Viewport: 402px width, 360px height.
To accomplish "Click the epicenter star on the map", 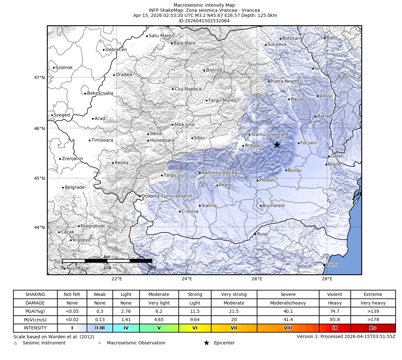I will tap(277, 145).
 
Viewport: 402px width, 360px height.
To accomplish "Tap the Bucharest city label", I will tap(274, 206).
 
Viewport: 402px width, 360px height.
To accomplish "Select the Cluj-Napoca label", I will tap(188, 89).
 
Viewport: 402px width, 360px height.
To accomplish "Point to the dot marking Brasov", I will tap(243, 146).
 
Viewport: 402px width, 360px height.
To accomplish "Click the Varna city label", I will tap(333, 264).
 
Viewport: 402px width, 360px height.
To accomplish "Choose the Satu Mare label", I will tap(160, 36).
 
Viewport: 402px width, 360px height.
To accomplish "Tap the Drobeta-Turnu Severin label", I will tap(167, 196).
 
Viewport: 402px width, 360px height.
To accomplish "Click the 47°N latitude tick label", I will tap(39, 77).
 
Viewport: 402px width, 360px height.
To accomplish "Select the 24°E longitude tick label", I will tap(187, 279).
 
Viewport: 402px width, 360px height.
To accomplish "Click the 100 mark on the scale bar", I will tap(107, 268).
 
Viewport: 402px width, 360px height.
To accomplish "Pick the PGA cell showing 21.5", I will tap(234, 311).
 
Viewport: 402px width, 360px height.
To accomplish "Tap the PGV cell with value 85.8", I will tap(334, 320).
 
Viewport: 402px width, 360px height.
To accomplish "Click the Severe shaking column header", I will tap(288, 294).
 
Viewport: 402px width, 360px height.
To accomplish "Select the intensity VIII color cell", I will tap(288, 328).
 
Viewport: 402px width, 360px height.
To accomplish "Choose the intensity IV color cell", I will tap(126, 328).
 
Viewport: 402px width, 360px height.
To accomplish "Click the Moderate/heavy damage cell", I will tap(288, 303).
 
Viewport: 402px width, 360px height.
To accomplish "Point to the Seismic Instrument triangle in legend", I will tap(15, 343).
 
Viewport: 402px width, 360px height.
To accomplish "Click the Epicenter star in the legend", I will tap(206, 343).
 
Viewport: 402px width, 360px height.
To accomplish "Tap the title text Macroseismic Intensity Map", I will tap(204, 5).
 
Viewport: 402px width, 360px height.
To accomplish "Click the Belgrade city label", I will tap(75, 187).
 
